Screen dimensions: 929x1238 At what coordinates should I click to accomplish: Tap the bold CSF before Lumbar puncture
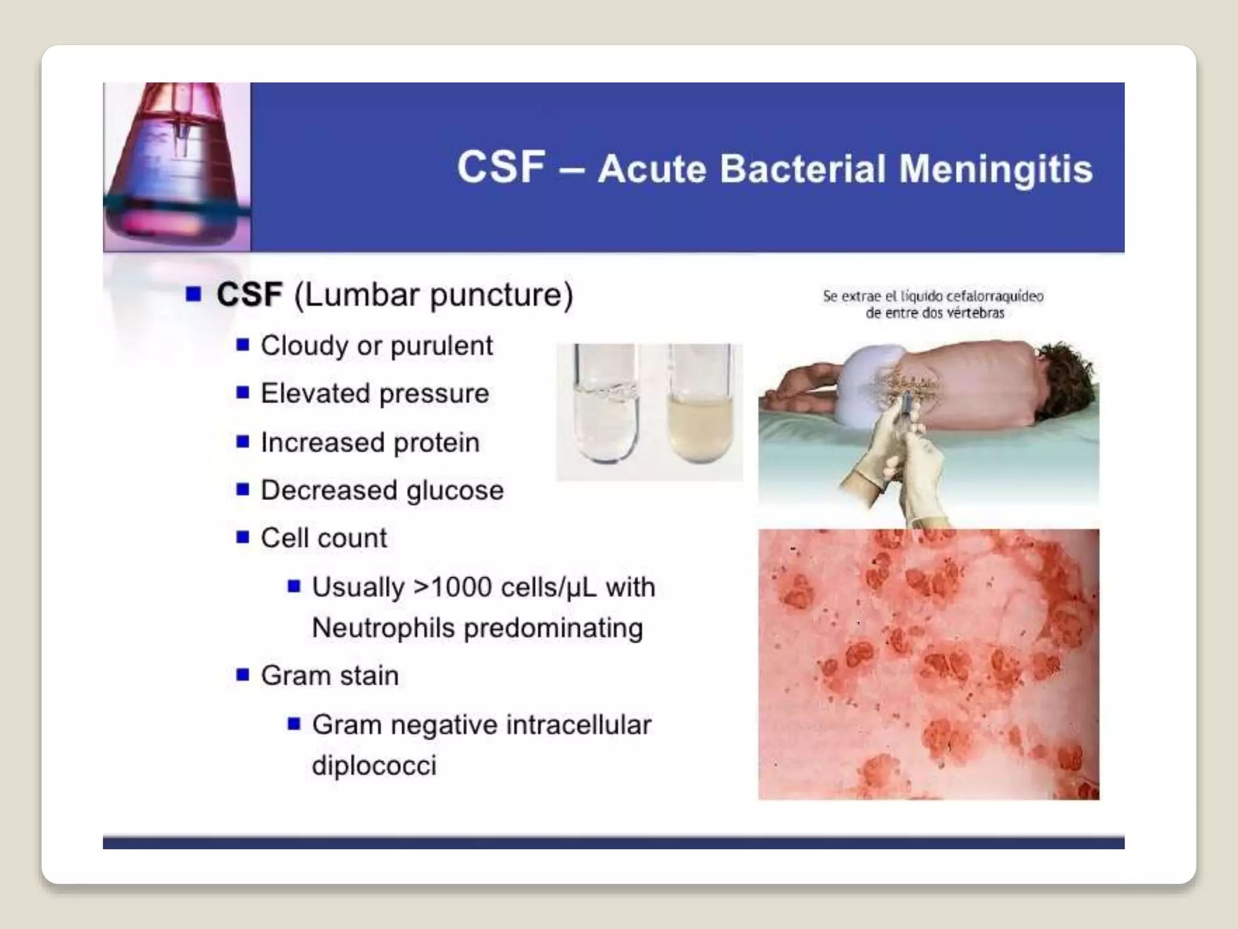249,295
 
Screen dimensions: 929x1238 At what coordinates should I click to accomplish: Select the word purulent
441,347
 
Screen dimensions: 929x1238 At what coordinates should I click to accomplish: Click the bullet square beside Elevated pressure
243,393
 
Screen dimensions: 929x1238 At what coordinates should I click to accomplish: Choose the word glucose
455,491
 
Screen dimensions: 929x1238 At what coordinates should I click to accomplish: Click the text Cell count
323,538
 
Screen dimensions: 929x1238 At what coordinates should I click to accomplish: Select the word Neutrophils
383,628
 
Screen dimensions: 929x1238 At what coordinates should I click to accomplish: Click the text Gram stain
329,676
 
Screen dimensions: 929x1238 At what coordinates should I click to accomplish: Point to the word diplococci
374,766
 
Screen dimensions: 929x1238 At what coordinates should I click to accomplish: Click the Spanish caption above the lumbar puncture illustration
933,304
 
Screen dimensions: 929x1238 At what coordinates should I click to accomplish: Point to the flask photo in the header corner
177,167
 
